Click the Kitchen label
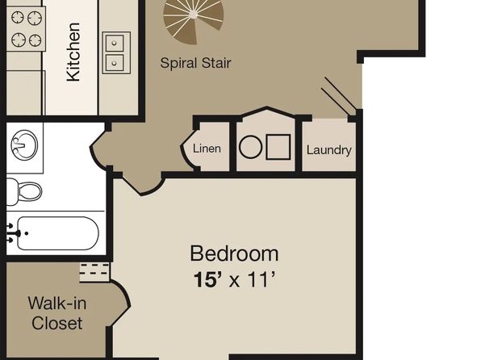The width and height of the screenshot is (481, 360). [x=73, y=52]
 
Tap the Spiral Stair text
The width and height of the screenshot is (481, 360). [x=195, y=63]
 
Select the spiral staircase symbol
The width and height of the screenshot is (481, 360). [x=193, y=20]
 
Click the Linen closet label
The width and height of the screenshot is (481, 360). [x=207, y=149]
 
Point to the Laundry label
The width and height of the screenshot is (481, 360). [x=328, y=150]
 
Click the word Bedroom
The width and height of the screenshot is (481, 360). [x=234, y=253]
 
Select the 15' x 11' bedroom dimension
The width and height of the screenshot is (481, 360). [x=234, y=279]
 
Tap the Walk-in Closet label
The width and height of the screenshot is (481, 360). [x=57, y=313]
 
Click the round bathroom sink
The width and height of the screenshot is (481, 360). [x=24, y=145]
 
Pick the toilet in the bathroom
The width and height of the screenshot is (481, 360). [x=24, y=192]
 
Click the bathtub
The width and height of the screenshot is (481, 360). [x=57, y=233]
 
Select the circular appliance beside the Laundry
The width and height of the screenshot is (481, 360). [x=251, y=148]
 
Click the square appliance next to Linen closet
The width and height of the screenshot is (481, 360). [x=278, y=147]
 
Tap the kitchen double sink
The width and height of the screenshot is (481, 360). [x=116, y=52]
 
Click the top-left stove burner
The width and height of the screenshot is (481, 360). [x=18, y=18]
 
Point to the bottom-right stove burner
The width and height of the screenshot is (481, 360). [x=35, y=40]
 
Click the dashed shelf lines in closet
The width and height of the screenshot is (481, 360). [x=94, y=269]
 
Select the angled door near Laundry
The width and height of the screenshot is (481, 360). [x=338, y=94]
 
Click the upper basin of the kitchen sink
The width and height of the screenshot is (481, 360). [x=115, y=44]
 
